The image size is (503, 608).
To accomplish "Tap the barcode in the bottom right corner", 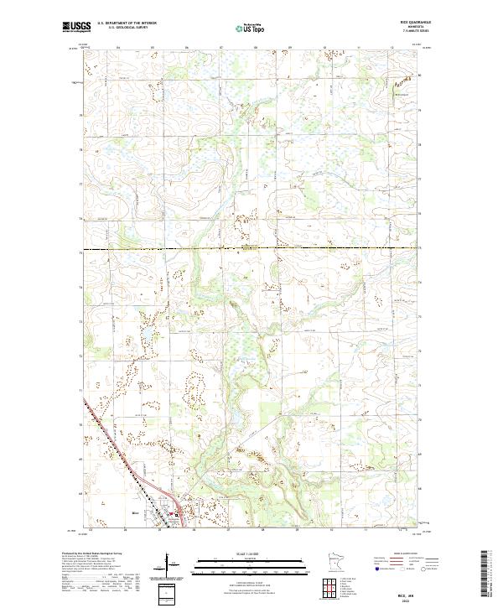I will (485, 574).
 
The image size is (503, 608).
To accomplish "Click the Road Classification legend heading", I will (405, 553).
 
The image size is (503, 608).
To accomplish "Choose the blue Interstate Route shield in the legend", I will (376, 569).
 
